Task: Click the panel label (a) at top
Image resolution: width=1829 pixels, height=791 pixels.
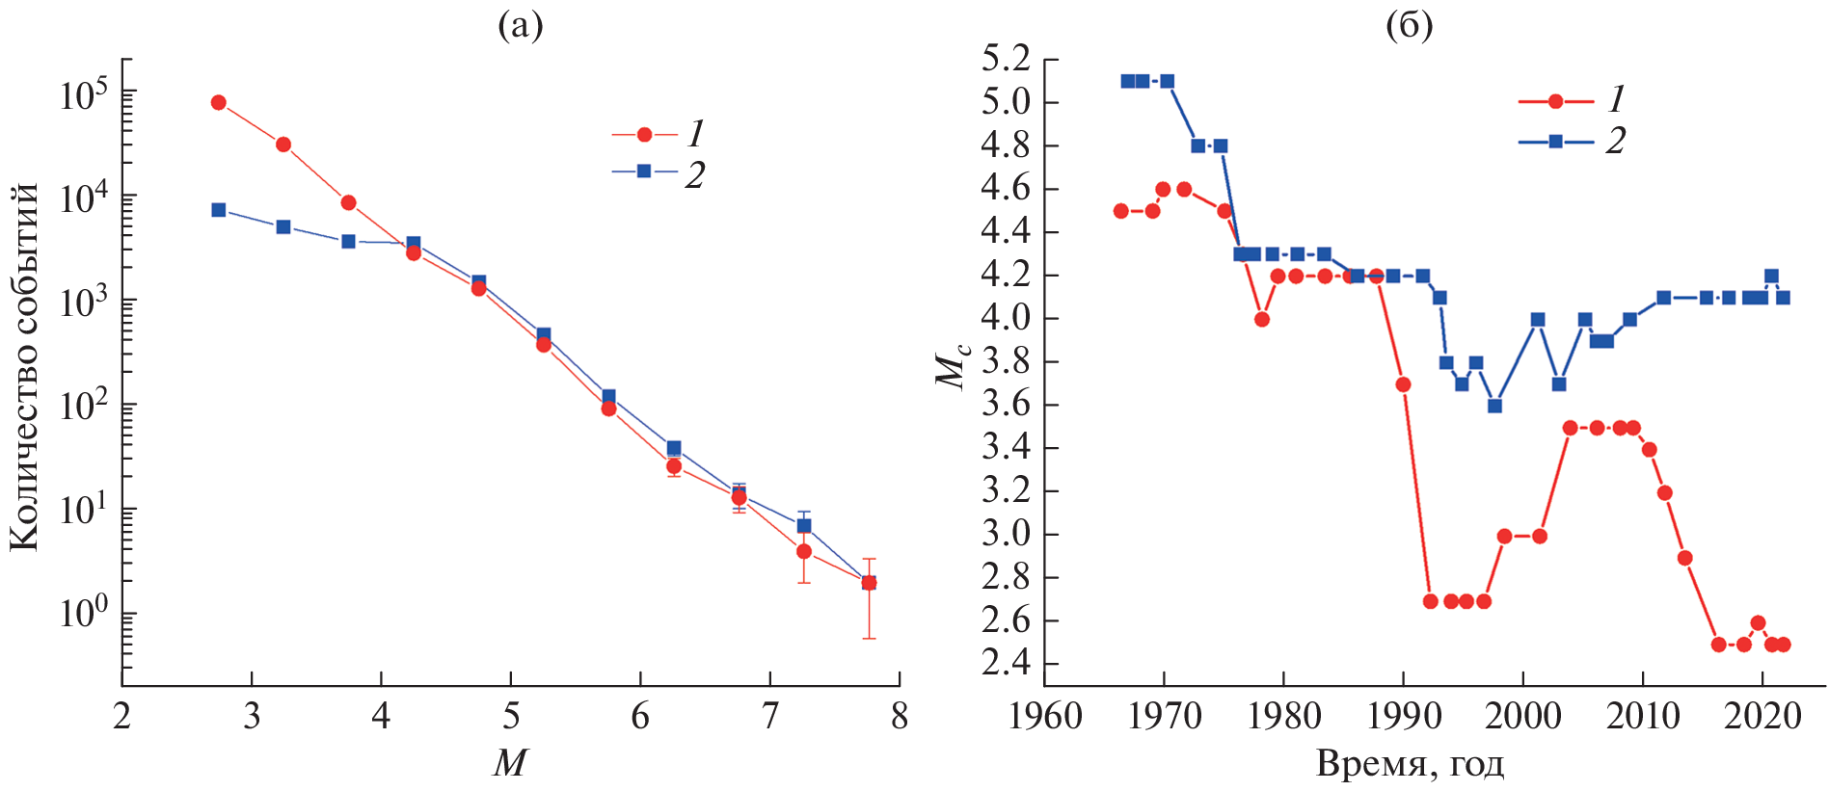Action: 520,26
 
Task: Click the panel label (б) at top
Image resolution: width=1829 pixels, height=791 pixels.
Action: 1409,26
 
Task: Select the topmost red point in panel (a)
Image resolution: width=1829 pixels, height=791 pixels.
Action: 219,103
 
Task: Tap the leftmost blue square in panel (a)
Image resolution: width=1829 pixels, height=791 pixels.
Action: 219,210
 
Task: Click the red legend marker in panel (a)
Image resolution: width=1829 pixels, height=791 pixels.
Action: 644,135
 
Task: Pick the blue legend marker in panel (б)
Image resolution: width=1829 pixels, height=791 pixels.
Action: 1555,142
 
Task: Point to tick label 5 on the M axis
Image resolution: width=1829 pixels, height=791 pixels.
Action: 510,717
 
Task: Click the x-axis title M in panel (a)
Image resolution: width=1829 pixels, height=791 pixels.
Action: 509,763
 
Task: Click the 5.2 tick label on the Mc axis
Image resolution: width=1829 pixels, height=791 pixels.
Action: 1006,60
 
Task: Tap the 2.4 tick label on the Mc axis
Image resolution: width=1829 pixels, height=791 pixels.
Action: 1006,664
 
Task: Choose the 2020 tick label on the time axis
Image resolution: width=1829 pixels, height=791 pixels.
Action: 1762,717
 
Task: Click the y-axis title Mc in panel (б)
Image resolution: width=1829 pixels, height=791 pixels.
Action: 951,366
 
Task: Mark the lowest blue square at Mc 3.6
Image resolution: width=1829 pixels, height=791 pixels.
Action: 1494,407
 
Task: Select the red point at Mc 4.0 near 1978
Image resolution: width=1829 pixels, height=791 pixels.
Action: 1262,319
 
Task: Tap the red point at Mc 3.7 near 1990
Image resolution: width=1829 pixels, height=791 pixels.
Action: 1403,384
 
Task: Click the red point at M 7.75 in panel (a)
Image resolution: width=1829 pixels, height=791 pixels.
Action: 869,583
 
